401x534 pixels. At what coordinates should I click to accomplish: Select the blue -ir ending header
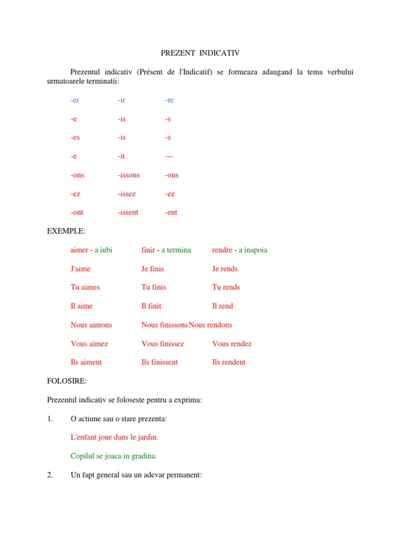(x=122, y=100)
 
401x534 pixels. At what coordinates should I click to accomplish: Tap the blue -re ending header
(x=169, y=100)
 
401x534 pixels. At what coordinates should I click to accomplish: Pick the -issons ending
(x=128, y=175)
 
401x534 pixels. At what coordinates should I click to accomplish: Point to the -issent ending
(x=128, y=212)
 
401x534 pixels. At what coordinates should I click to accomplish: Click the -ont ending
(x=77, y=212)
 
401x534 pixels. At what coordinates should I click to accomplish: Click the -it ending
(x=121, y=156)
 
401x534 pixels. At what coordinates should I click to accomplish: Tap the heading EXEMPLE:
(x=66, y=231)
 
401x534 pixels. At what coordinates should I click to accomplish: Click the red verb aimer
(x=79, y=250)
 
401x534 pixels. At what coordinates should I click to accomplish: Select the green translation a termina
(x=176, y=250)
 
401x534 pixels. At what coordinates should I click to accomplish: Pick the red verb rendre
(x=222, y=250)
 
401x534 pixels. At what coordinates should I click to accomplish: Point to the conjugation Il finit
(x=151, y=306)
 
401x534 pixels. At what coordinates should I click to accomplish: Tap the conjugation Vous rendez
(x=232, y=344)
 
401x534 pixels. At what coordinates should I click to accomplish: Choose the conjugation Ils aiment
(x=86, y=362)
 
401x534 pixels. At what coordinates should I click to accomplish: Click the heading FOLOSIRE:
(x=67, y=381)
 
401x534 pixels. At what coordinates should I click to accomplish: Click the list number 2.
(x=50, y=475)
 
